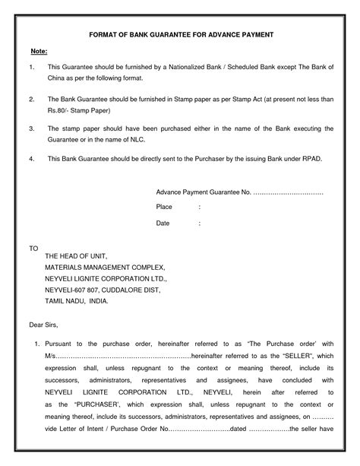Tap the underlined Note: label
(39, 51)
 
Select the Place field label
(164, 207)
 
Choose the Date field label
(163, 223)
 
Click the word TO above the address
(33, 248)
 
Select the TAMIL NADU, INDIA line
(77, 301)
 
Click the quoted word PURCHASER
(90, 406)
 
